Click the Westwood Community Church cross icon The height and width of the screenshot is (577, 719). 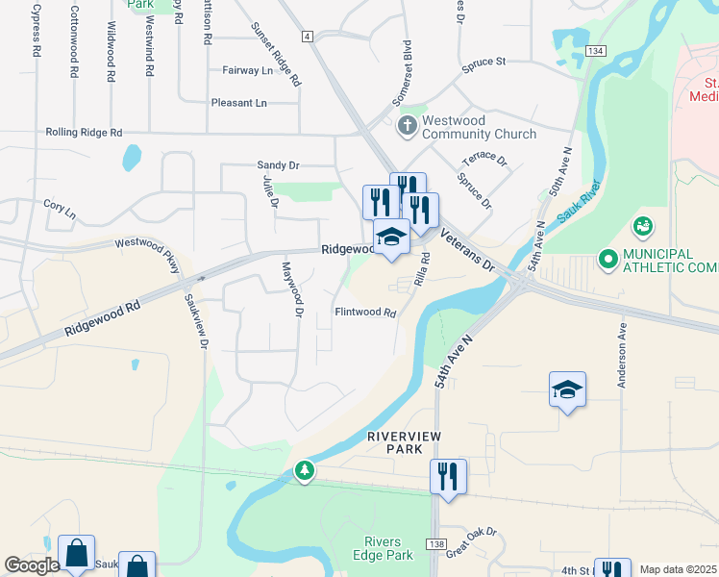click(407, 125)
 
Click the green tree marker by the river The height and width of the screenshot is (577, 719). click(305, 470)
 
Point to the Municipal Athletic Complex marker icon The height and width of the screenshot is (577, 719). click(607, 258)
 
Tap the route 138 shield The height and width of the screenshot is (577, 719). click(436, 544)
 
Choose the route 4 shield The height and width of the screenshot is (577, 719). click(308, 36)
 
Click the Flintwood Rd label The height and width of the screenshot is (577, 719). click(365, 313)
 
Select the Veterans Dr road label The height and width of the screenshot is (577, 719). click(466, 249)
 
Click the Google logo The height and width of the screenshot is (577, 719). click(33, 565)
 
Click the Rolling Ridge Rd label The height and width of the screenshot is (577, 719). click(85, 132)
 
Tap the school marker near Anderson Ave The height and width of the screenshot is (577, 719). click(568, 389)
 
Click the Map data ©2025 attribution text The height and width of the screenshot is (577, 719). click(679, 569)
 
